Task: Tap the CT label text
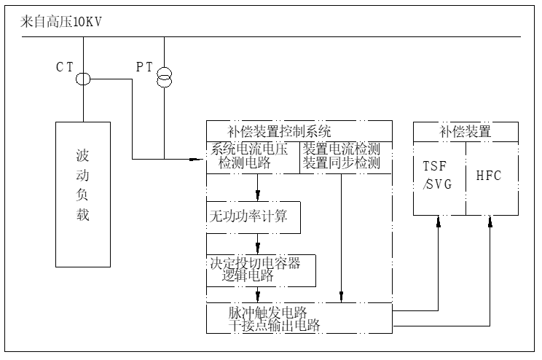coord(66,66)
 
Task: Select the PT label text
coord(145,66)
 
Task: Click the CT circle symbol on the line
coord(83,79)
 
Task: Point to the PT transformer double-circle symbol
coord(165,76)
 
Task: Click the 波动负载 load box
coord(83,194)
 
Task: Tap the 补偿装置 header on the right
coord(465,132)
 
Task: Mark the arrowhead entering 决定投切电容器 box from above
coord(258,249)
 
